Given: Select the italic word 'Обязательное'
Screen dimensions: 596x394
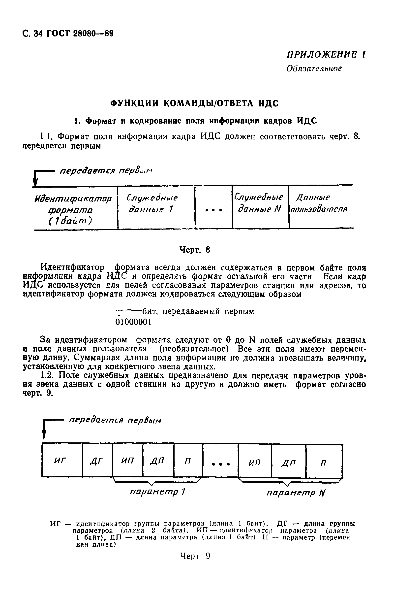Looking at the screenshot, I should (x=314, y=68).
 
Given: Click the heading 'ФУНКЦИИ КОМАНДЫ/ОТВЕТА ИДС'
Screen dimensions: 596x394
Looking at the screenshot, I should (x=194, y=103).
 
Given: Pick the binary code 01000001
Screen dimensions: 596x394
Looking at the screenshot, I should (x=133, y=322).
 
